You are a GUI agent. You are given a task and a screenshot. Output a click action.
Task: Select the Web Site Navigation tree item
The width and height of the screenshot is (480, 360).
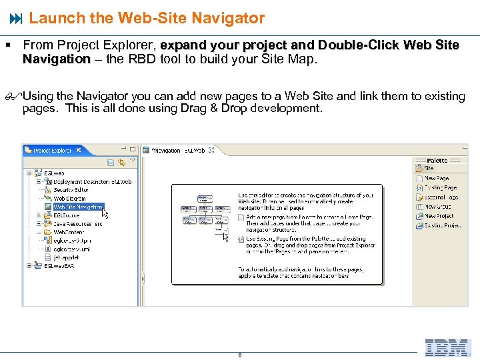[78, 207]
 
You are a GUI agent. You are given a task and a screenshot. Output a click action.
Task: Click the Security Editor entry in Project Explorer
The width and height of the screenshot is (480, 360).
[71, 190]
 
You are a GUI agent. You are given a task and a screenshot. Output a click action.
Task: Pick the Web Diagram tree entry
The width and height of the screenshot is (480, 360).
[69, 199]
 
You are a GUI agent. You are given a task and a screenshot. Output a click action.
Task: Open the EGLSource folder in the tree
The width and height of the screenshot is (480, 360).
[66, 215]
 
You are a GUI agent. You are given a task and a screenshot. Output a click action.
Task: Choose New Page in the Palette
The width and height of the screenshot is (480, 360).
[437, 179]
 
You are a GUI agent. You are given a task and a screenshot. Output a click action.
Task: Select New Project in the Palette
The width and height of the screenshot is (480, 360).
[439, 216]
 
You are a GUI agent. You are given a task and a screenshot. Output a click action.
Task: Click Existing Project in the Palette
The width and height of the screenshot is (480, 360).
[443, 225]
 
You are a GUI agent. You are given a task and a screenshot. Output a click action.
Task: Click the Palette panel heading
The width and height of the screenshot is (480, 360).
[437, 160]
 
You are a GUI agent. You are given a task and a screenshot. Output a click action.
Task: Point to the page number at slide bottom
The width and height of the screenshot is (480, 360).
[240, 355]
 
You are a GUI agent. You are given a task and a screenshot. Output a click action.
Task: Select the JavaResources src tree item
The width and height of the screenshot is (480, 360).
[78, 224]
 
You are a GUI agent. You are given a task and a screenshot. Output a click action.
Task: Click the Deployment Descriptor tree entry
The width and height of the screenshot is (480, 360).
[92, 181]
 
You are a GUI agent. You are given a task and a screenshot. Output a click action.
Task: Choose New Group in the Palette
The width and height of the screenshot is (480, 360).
[438, 207]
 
